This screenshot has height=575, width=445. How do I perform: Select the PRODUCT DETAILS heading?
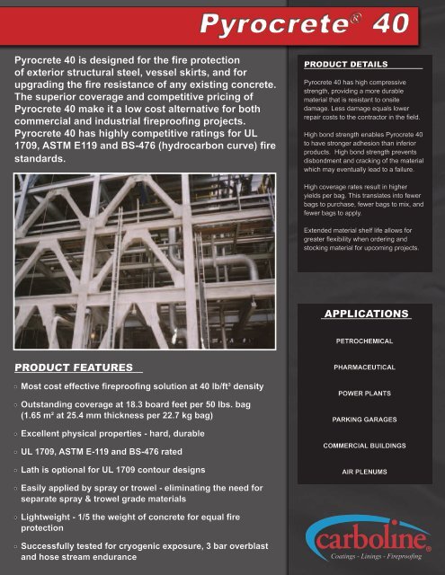(345, 65)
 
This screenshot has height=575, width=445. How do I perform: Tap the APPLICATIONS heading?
(366, 314)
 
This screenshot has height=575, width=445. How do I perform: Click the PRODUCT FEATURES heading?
(76, 367)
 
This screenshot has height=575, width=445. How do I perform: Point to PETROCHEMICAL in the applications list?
(365, 342)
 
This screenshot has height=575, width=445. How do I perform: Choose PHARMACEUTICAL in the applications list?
(365, 367)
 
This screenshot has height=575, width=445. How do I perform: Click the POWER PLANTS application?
(365, 394)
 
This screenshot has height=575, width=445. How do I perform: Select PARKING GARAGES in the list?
(365, 420)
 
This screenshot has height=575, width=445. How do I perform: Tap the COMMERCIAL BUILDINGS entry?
(365, 446)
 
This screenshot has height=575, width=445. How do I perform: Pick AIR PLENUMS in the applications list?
(365, 471)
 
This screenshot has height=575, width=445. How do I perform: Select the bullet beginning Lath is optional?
(126, 469)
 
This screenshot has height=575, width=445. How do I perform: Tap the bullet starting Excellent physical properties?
(126, 434)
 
